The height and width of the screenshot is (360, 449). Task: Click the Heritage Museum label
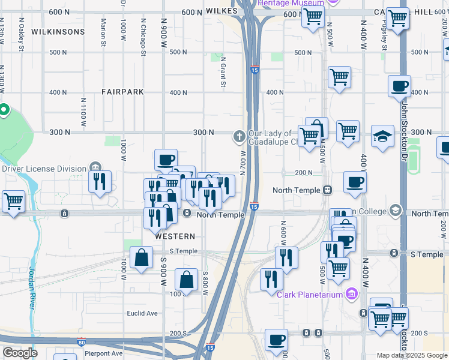tap(291, 3)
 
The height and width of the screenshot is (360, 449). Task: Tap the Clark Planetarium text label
tap(309, 294)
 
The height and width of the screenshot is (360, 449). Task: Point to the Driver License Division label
tap(44, 169)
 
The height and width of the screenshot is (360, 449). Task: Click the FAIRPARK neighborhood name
tap(122, 92)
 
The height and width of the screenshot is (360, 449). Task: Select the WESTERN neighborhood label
tap(175, 236)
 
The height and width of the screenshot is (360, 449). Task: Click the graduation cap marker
tap(382, 137)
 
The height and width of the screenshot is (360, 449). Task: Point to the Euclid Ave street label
tap(142, 313)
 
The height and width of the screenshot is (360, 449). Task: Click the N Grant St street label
tap(222, 72)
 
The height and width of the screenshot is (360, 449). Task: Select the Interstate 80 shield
tap(81, 343)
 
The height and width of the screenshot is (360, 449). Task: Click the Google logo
tap(20, 353)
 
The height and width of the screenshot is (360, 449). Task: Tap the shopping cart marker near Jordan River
tap(13, 202)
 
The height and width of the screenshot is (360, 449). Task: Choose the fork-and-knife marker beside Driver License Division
tap(100, 181)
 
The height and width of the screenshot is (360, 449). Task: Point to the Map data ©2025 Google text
tap(412, 355)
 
